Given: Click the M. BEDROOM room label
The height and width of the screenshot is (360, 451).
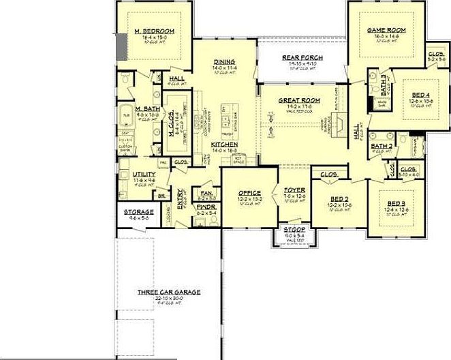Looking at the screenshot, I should coord(154,31).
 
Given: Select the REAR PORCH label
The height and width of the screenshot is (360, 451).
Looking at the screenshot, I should coord(302,57).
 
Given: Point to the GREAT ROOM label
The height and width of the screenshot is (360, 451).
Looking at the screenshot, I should coord(294,100).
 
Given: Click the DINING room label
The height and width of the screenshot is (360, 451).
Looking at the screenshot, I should coord(223,61).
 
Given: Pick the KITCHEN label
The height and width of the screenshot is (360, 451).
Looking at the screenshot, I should coord(223,145).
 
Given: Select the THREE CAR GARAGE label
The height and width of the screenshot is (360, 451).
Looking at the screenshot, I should coord(168,292).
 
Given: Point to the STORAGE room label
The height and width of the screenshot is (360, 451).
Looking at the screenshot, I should coord(138,212).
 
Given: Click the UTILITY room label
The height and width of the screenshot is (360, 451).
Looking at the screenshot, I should coord(144,175).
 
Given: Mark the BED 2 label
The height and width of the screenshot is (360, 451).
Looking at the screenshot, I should coord(338,198).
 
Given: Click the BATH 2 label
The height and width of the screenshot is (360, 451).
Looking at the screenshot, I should coord(382,146).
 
